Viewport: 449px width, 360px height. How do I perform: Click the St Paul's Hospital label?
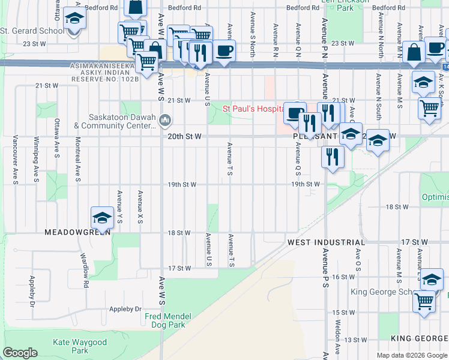pyautogui.click(x=253, y=109)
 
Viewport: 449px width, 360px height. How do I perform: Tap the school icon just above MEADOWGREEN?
pyautogui.click(x=103, y=218)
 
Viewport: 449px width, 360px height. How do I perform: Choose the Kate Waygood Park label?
pyautogui.click(x=80, y=346)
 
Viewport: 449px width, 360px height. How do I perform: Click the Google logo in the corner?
pyautogui.click(x=20, y=353)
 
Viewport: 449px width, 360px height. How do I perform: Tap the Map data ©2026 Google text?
pyautogui.click(x=411, y=355)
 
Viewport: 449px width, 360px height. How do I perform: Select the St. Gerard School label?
pyautogui.click(x=32, y=31)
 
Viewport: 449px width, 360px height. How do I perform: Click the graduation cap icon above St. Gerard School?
pyautogui.click(x=74, y=19)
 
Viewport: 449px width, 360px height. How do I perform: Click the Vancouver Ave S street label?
pyautogui.click(x=15, y=163)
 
